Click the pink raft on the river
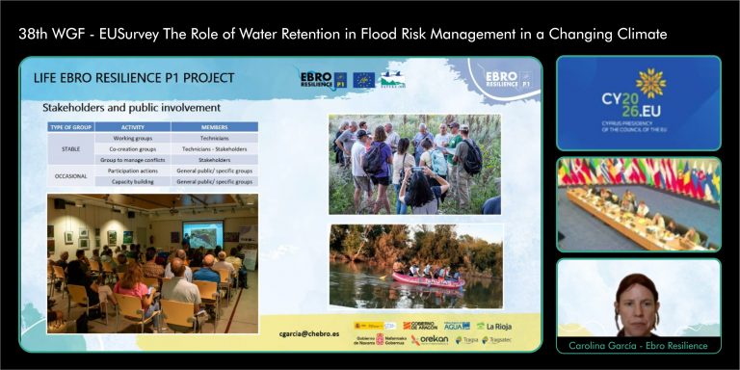click(427, 279)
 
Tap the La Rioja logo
click(493, 326)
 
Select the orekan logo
click(430, 340)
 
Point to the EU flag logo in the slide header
click(362, 80)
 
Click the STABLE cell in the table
click(70, 149)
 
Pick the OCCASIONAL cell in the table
click(70, 175)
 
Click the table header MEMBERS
click(215, 127)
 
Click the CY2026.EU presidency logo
click(639, 99)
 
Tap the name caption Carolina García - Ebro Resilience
click(639, 345)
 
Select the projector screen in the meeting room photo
click(203, 233)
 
